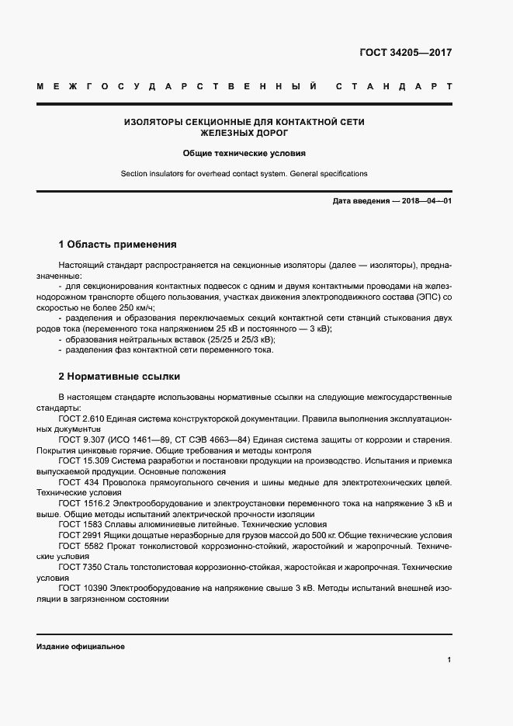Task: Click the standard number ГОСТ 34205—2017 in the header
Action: pos(406,54)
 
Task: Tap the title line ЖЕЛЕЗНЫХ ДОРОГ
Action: pos(244,134)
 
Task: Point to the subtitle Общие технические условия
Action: pos(244,154)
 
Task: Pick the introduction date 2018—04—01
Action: pos(426,201)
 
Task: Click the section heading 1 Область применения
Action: pos(117,244)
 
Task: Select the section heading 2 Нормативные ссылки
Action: pos(120,377)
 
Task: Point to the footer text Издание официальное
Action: pos(81,647)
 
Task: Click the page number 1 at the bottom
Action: pos(449,660)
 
